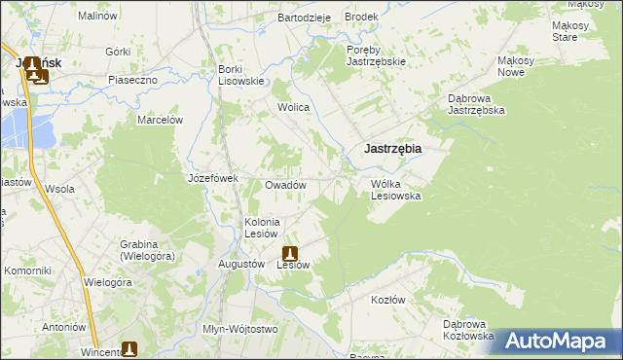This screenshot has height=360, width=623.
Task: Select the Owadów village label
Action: tap(286, 185)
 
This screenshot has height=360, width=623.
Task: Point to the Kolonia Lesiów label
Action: tap(262, 228)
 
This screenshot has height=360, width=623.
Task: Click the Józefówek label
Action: tap(213, 178)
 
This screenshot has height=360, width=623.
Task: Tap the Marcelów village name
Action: tap(161, 120)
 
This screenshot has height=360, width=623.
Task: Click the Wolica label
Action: tap(293, 107)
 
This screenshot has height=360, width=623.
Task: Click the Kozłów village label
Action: tap(387, 300)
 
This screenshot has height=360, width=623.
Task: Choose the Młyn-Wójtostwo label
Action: tap(239, 329)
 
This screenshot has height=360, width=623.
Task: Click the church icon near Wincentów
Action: tap(129, 348)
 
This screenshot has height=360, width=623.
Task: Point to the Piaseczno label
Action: tap(132, 80)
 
